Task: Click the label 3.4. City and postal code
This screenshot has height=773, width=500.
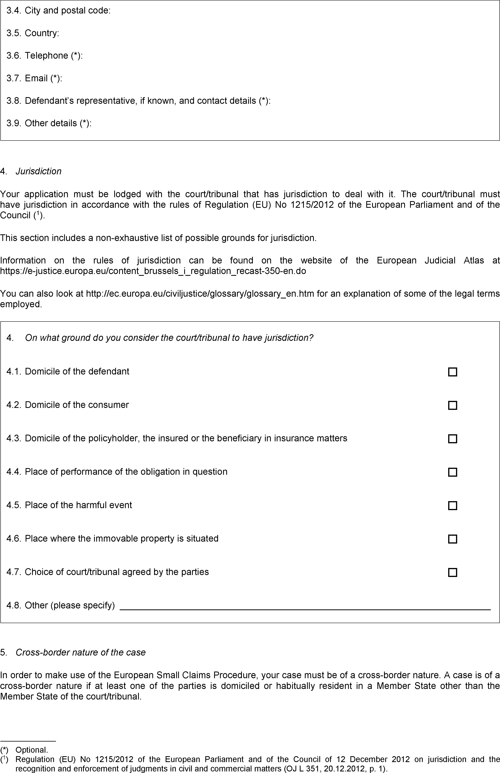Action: (58, 11)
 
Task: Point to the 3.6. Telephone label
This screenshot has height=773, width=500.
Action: (44, 56)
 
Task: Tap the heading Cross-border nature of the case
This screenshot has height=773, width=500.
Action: (81, 652)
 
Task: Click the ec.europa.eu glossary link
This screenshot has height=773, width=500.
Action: (200, 294)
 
